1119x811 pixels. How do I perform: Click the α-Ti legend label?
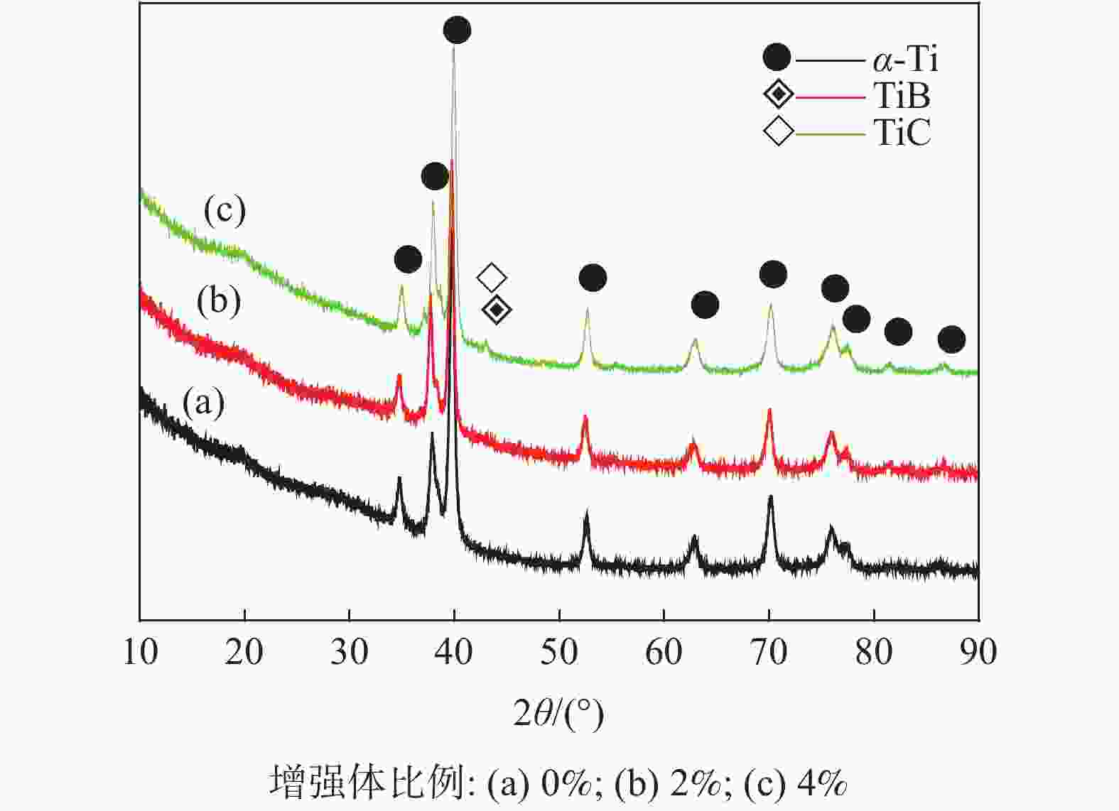(x=905, y=59)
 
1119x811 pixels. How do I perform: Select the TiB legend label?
(x=902, y=95)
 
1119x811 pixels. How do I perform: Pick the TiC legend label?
(x=902, y=131)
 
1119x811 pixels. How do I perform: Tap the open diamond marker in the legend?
(x=778, y=131)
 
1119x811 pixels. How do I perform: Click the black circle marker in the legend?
(x=777, y=58)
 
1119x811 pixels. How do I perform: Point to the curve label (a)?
(x=204, y=403)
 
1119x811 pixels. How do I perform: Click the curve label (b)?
(x=219, y=300)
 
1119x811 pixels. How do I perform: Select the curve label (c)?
(x=225, y=210)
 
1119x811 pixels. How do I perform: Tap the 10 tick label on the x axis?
(x=140, y=652)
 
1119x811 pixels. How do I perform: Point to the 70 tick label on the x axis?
(x=769, y=652)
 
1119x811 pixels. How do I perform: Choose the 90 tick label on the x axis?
(x=978, y=652)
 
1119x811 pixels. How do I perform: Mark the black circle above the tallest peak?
(x=457, y=30)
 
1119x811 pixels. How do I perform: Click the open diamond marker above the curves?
(x=492, y=277)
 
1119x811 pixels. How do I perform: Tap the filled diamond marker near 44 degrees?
(x=497, y=309)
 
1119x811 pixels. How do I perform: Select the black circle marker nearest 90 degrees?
(x=951, y=339)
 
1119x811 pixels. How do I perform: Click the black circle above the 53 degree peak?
(x=593, y=278)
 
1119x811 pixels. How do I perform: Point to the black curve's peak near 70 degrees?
(x=770, y=498)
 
